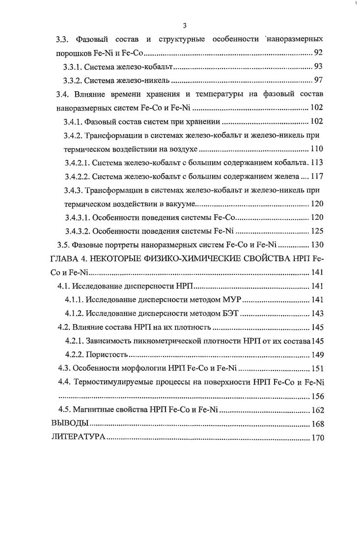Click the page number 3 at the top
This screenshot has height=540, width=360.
pyautogui.click(x=184, y=26)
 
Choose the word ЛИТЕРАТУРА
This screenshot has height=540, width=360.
pyautogui.click(x=78, y=436)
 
